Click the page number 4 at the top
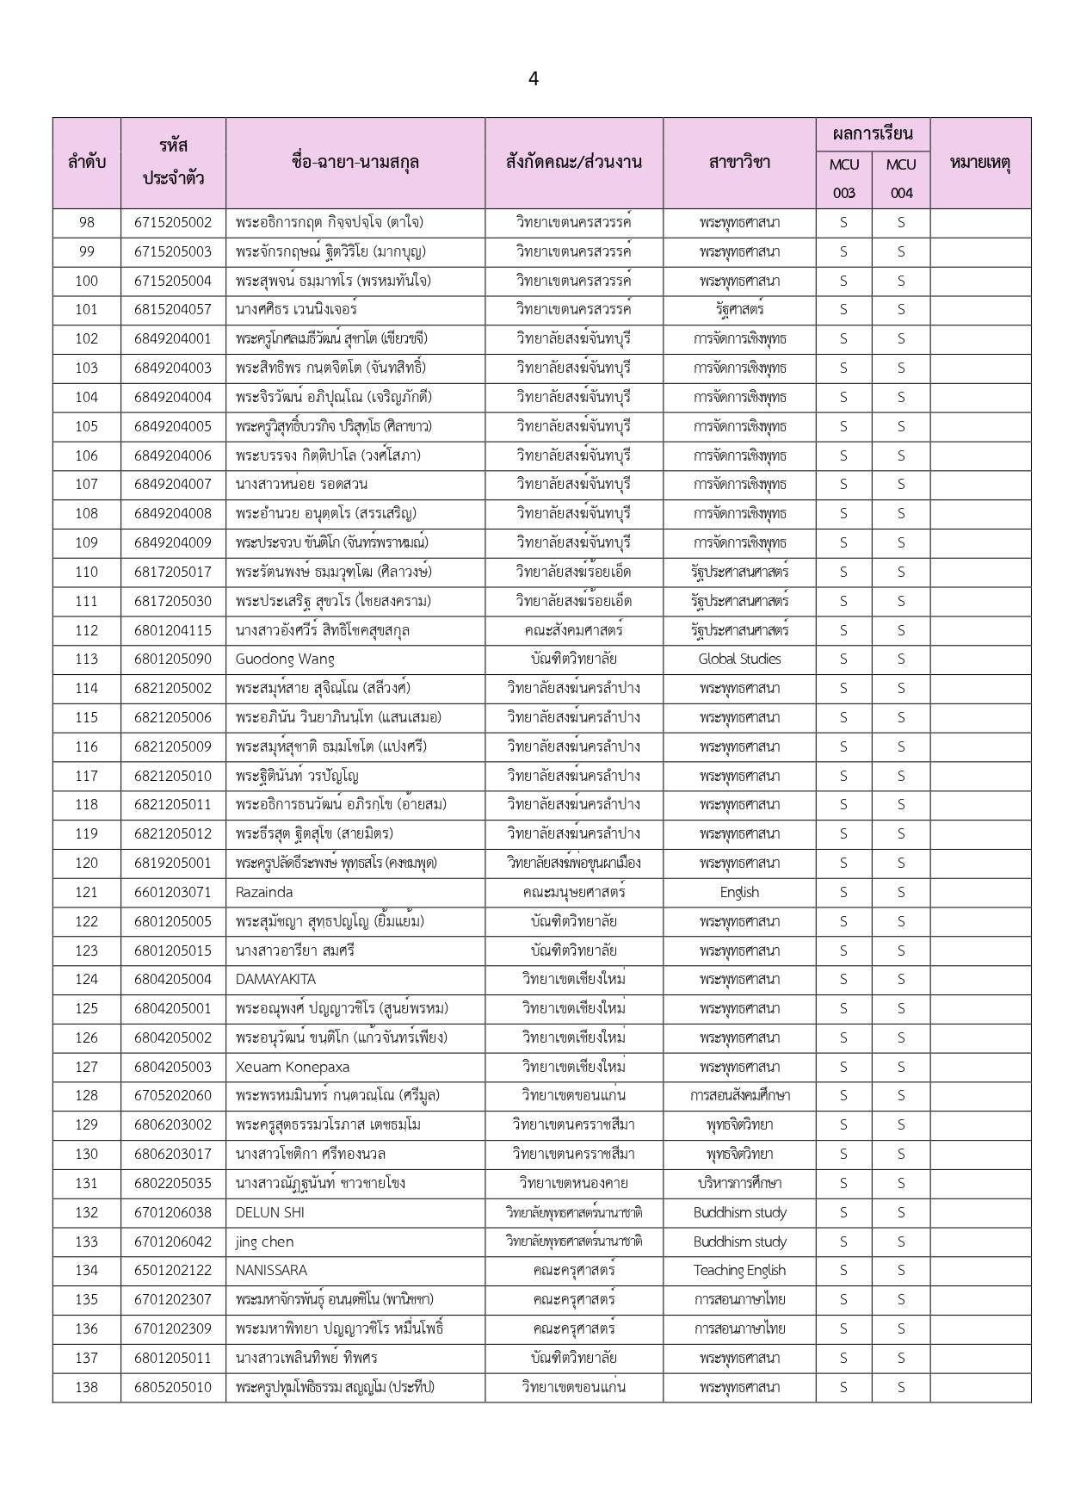[x=534, y=79]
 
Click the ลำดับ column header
[x=86, y=162]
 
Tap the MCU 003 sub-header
[x=843, y=178]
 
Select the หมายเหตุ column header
[x=979, y=162]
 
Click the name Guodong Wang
[x=285, y=660]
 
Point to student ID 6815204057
[x=172, y=310]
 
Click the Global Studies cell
[x=739, y=660]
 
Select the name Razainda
[x=264, y=892]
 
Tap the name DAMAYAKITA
[x=275, y=980]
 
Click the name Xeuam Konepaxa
[x=293, y=1067]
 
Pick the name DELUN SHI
[x=270, y=1212]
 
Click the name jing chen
[x=265, y=1242]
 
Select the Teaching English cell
[x=739, y=1271]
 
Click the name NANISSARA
[x=271, y=1271]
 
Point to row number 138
[x=86, y=1387]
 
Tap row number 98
[x=86, y=222]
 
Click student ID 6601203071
[x=172, y=892]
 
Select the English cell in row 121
[x=739, y=892]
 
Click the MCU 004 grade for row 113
[x=901, y=660]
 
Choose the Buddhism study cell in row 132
[x=739, y=1212]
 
